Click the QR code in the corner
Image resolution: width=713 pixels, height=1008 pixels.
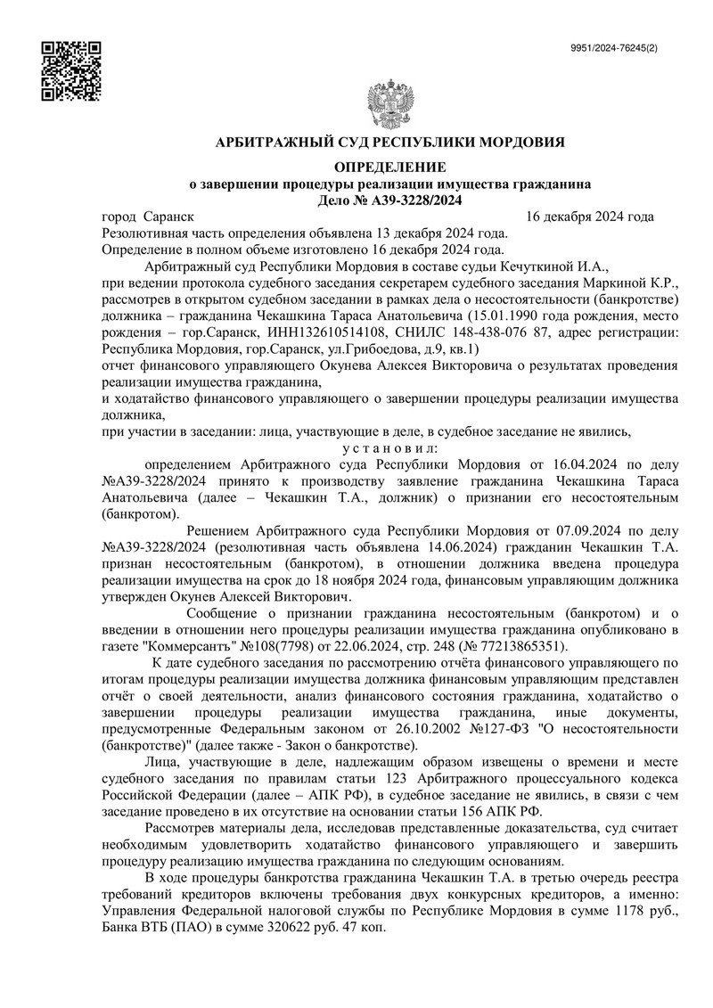pos(70,71)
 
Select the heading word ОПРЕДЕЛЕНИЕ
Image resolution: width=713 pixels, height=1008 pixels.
pos(392,167)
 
